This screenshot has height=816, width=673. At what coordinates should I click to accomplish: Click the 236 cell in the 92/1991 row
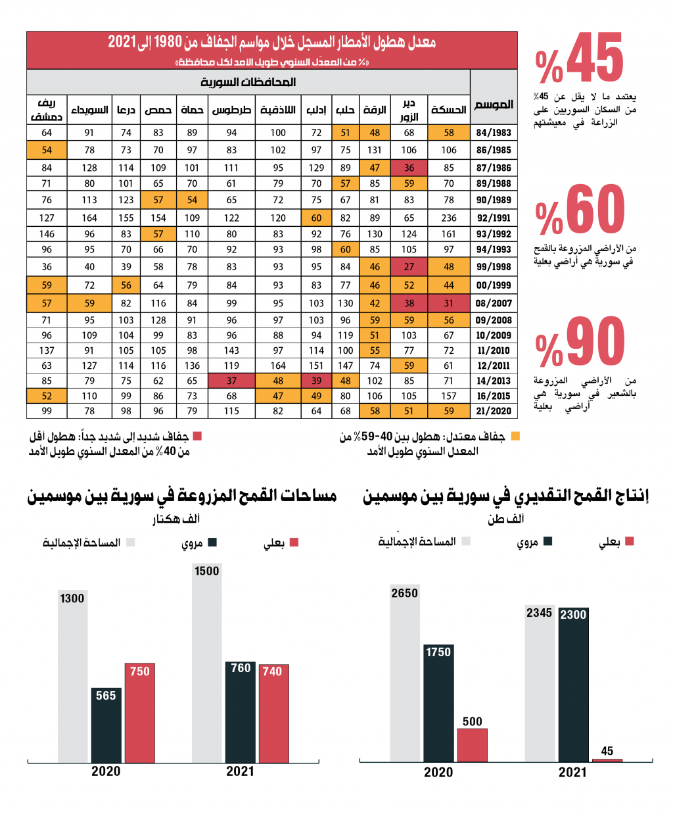(x=448, y=218)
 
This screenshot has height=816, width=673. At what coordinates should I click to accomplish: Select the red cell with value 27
(x=409, y=266)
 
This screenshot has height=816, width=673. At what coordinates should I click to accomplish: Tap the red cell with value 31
(x=448, y=303)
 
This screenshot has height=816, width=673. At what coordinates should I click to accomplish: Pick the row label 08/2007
(x=494, y=303)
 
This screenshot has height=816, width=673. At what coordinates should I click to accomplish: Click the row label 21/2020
(x=494, y=411)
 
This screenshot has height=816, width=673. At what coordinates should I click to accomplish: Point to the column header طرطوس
(x=231, y=110)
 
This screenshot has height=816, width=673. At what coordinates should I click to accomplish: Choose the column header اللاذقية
(x=278, y=110)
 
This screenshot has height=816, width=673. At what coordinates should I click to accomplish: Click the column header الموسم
(x=494, y=105)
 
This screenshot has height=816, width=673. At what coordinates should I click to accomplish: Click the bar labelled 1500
(x=206, y=662)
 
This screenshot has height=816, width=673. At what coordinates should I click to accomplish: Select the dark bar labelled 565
(x=106, y=725)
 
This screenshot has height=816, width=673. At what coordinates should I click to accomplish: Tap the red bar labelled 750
(x=140, y=712)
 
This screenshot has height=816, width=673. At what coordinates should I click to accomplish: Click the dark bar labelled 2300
(x=573, y=684)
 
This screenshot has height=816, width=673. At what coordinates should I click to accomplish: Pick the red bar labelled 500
(x=473, y=745)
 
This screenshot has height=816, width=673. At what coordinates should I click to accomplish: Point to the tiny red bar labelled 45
(x=607, y=760)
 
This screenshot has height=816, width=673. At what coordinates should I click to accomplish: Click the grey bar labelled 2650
(x=405, y=673)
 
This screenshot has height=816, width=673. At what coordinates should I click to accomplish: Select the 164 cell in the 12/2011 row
(x=278, y=366)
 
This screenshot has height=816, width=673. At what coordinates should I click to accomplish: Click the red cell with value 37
(x=231, y=381)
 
